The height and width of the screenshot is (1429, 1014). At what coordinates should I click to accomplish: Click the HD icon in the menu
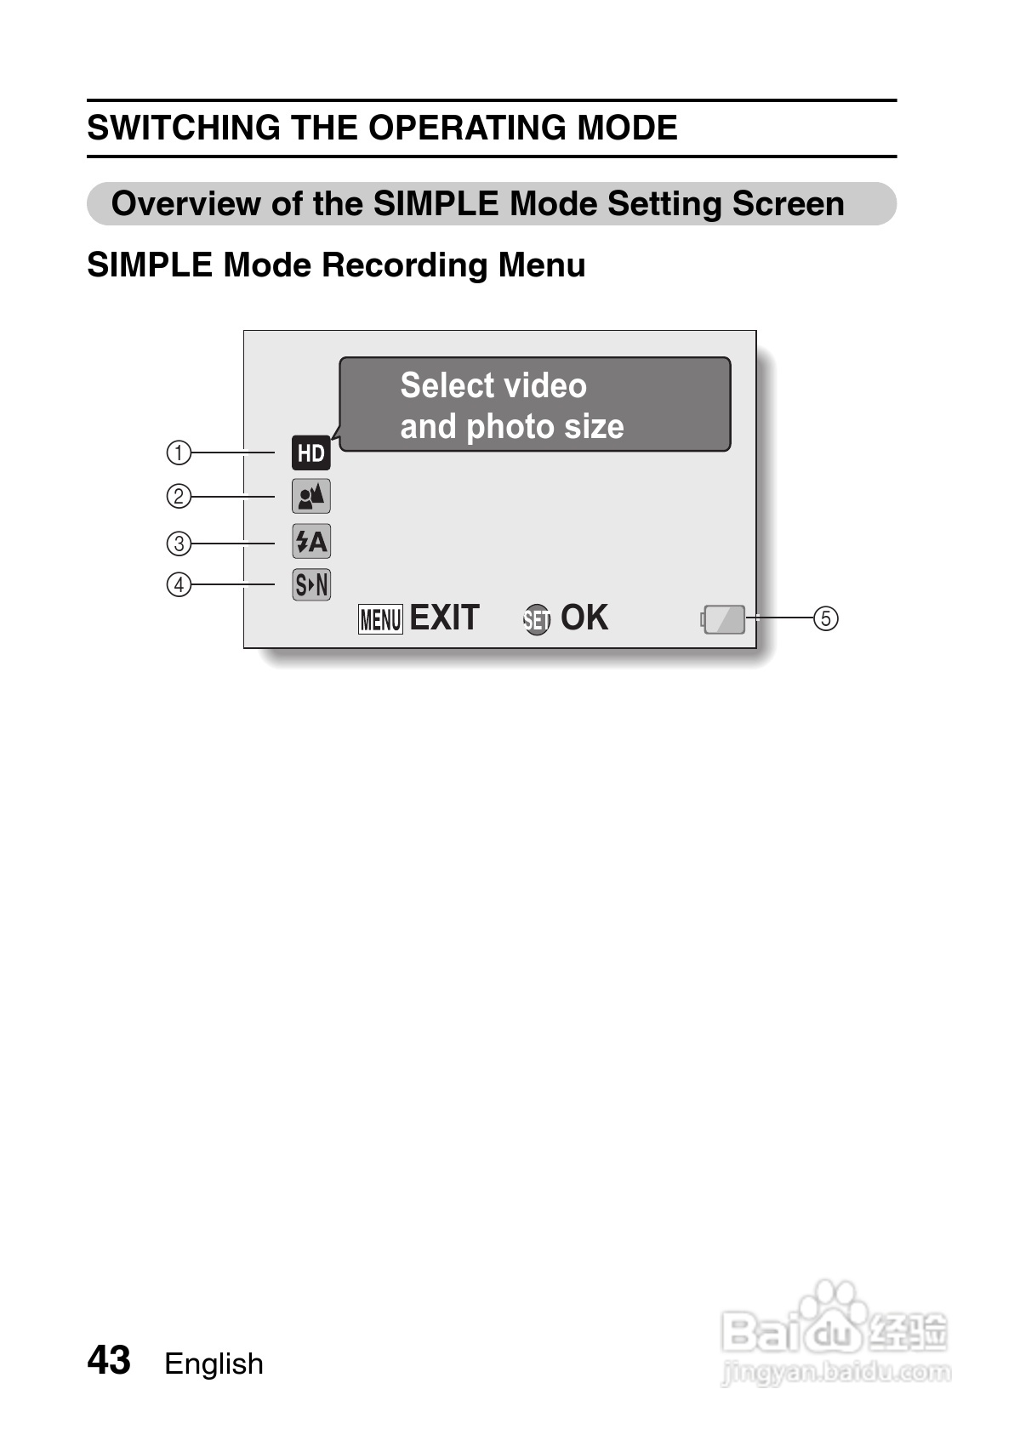tap(310, 453)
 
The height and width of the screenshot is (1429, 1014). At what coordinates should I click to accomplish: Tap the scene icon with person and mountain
tap(310, 496)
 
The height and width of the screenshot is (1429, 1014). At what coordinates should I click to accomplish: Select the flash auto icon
tap(310, 542)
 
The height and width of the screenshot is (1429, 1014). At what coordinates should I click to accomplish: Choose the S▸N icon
tap(310, 584)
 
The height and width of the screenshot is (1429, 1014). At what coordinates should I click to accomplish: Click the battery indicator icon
tap(724, 619)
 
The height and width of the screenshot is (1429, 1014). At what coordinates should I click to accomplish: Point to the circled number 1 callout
tap(179, 453)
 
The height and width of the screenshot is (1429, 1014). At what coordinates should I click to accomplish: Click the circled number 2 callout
tap(179, 496)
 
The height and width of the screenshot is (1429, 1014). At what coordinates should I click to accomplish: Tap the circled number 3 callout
tap(179, 543)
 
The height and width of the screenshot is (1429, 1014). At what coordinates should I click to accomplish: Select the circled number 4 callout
tap(179, 584)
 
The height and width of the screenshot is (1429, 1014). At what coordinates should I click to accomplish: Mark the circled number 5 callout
tap(825, 618)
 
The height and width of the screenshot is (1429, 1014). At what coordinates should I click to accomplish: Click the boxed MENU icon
tap(380, 619)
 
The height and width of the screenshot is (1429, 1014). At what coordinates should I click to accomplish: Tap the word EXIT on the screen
tap(444, 618)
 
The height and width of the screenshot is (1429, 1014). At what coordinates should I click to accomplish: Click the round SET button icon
tap(537, 620)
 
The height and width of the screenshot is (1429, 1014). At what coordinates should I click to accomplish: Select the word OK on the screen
tap(584, 618)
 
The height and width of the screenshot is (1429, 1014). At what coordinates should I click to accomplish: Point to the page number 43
tap(109, 1360)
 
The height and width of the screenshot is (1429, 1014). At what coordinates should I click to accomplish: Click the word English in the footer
tap(214, 1364)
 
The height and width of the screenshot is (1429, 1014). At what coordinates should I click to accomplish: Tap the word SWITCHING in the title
tap(184, 128)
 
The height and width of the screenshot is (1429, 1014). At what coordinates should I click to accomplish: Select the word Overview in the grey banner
tap(185, 204)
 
